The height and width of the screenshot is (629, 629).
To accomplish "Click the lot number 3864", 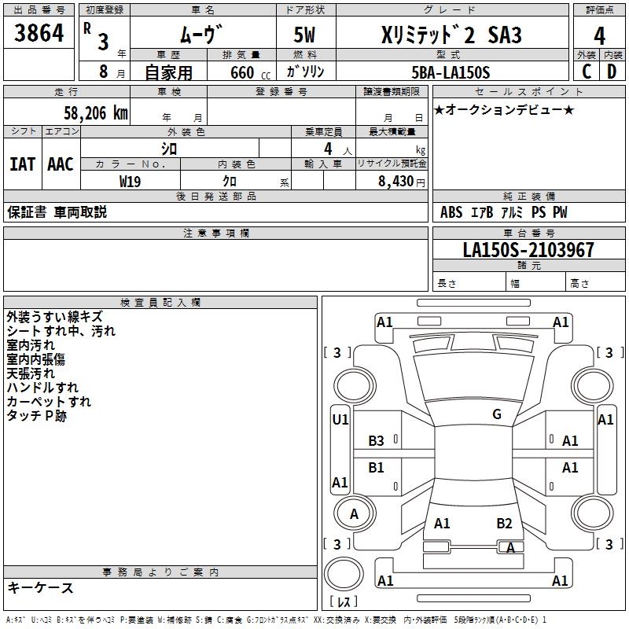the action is [39, 32].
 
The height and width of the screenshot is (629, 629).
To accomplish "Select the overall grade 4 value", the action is [599, 35].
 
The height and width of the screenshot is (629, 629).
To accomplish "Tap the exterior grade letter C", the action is [587, 72].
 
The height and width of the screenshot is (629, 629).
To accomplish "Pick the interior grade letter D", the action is [612, 72].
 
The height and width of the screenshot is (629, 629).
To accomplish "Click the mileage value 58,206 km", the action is [96, 113].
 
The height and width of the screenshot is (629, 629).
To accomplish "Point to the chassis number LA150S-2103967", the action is [528, 249].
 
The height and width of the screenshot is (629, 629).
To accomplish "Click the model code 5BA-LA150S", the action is [451, 72].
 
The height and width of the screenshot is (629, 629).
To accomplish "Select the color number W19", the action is [130, 182].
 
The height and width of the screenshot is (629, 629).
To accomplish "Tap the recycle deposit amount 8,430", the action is [395, 181].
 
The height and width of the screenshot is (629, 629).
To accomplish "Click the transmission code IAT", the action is [22, 164].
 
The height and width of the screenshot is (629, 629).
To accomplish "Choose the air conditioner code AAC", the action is [61, 164].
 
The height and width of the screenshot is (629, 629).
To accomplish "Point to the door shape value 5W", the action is [304, 35].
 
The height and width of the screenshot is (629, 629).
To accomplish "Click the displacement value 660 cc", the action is [250, 72].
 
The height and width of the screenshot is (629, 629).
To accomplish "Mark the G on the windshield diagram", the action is [497, 414].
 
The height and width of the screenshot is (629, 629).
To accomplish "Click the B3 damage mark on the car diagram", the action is [376, 440].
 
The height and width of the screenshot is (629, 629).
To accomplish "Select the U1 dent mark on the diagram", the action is [340, 419].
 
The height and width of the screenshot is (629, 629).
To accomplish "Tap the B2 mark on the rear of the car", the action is [504, 523].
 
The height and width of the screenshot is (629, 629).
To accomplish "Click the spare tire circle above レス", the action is [344, 574].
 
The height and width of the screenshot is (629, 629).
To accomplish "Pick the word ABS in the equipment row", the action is [451, 212].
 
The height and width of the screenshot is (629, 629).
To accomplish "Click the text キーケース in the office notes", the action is [40, 587].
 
